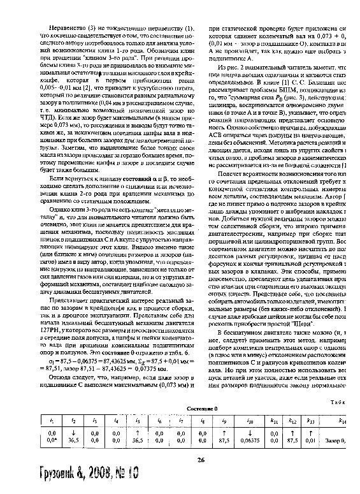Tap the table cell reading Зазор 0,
tap(335, 439)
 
